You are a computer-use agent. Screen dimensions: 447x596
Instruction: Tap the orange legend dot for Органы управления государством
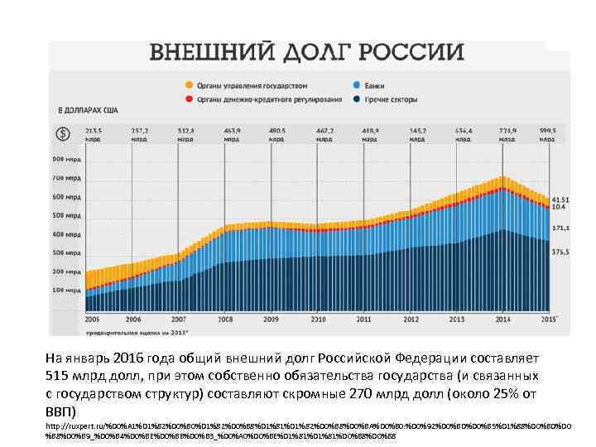tap(190, 85)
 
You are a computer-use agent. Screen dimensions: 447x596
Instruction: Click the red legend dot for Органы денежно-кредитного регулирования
tap(190, 99)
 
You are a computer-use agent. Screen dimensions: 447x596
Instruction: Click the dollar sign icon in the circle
tap(62, 134)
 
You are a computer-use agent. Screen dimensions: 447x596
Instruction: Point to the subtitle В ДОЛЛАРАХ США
tap(87, 110)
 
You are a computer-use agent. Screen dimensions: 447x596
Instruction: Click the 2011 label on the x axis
tap(363, 319)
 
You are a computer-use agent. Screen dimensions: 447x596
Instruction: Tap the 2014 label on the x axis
tap(502, 319)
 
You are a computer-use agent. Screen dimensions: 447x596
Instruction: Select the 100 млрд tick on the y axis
tap(67, 291)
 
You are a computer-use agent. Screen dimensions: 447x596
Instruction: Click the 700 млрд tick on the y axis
tap(67, 178)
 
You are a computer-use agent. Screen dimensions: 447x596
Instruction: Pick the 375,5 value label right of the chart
tap(560, 252)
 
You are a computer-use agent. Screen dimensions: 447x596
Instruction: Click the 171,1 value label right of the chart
tap(560, 227)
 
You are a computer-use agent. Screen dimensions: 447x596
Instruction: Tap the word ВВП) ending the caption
tap(60, 411)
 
